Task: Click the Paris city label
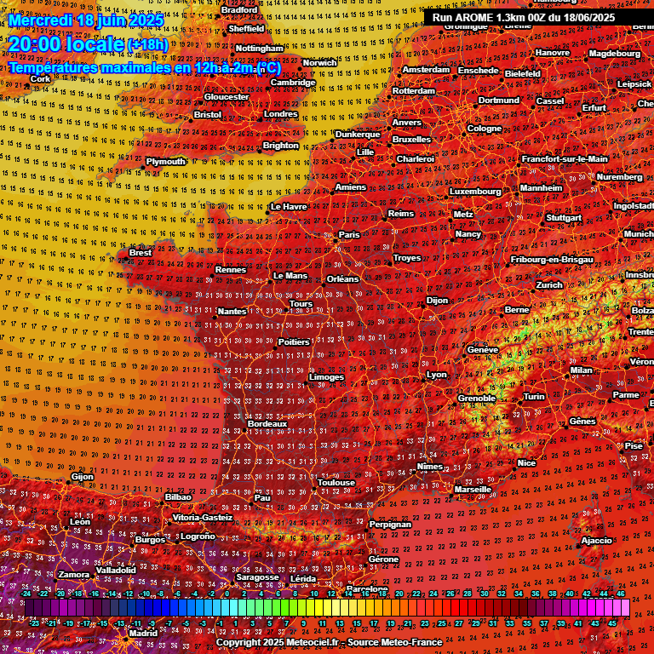[x=350, y=235]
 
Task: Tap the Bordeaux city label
[x=267, y=423]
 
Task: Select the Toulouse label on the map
[x=336, y=483]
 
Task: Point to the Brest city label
[x=141, y=253]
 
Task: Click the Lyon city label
[x=437, y=375]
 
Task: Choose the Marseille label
[x=473, y=490]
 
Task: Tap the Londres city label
[x=281, y=114]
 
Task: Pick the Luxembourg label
[x=475, y=192]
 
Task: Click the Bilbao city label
[x=178, y=496]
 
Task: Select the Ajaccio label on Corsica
[x=596, y=541]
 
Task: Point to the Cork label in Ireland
[x=40, y=79]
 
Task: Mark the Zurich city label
[x=550, y=285]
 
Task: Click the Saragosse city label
[x=257, y=577]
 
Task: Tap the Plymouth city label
[x=165, y=161]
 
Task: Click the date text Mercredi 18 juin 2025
[x=86, y=19]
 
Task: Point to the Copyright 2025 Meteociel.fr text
[x=329, y=642]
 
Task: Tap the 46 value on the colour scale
[x=621, y=594]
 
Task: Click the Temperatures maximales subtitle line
[x=144, y=67]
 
